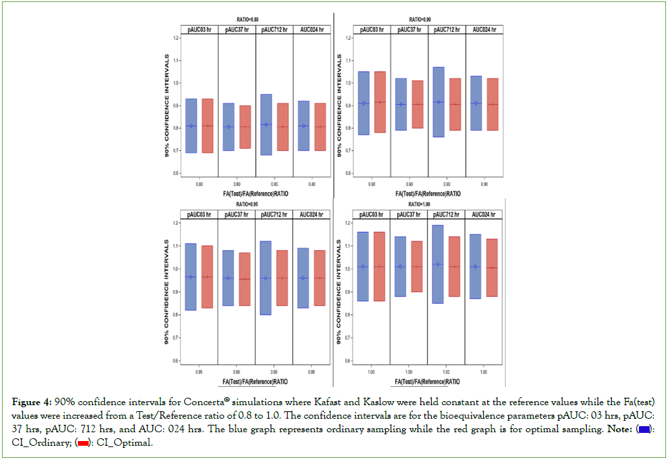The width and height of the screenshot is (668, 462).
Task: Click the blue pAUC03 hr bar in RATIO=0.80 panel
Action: [x=191, y=126]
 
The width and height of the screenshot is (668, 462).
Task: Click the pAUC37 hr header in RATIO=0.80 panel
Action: [x=237, y=29]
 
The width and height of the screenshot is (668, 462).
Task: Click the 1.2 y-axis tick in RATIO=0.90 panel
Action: [x=347, y=38]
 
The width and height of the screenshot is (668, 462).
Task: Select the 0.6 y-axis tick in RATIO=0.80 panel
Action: [x=175, y=173]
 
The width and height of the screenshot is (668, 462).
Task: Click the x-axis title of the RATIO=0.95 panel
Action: [x=257, y=377]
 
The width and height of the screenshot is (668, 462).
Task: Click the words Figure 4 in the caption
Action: [x=32, y=401]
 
